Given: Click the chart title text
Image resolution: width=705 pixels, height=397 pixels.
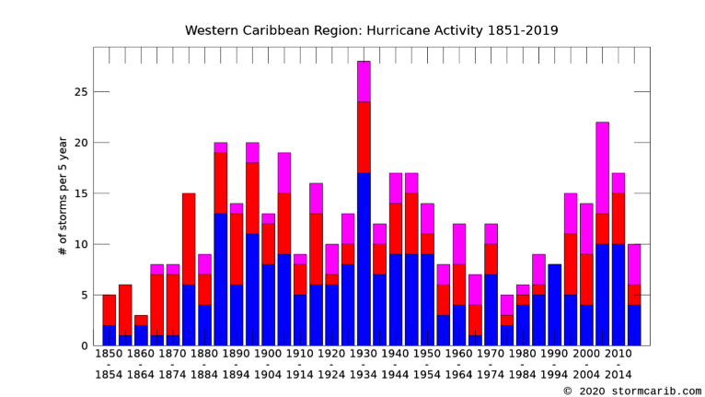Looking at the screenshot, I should (371, 30).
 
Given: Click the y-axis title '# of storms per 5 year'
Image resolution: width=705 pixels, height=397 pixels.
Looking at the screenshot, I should (63, 195).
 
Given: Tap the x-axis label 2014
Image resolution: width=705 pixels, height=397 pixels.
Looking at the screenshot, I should (618, 375).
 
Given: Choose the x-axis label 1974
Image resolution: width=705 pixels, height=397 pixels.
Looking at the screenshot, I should (491, 375).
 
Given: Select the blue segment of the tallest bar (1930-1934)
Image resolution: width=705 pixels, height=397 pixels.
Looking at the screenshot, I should (364, 259).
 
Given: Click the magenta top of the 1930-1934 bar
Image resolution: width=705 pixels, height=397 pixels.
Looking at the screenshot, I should (364, 81).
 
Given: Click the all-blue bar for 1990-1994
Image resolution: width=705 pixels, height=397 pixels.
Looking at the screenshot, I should (555, 305).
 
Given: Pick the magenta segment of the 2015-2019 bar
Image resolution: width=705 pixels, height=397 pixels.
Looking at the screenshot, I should (635, 264).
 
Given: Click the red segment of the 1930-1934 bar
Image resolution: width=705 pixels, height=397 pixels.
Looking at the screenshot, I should (364, 137).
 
